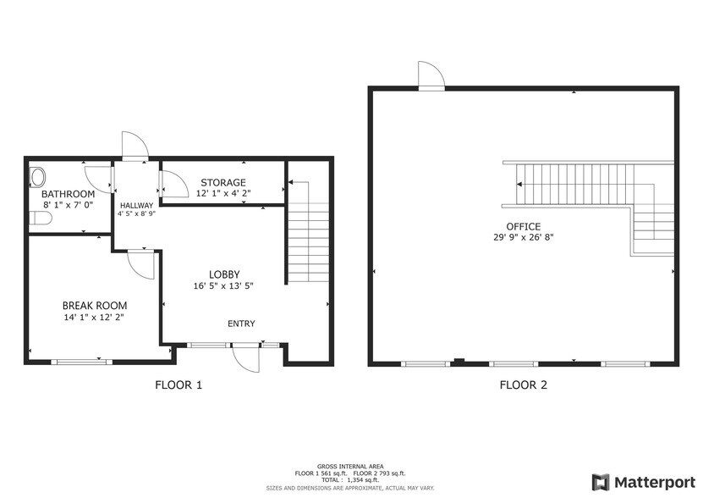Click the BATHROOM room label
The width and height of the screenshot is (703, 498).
click(69, 194)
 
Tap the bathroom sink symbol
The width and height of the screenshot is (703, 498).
click(37, 176)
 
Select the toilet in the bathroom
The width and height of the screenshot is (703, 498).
click(41, 219)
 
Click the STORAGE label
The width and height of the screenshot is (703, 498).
click(223, 182)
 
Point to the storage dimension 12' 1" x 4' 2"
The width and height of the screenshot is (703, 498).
click(223, 194)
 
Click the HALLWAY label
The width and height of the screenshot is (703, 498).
click(136, 206)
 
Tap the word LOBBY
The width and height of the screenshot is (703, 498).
click(224, 274)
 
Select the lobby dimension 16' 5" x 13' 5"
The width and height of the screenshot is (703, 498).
click(223, 286)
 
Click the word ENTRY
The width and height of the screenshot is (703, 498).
click(241, 324)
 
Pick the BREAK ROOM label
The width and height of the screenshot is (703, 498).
click(95, 306)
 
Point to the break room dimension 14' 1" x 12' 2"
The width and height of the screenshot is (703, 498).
click(94, 318)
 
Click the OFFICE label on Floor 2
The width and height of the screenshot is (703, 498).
click(523, 227)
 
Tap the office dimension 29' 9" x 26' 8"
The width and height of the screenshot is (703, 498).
click(523, 237)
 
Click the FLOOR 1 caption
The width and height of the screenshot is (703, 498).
click(178, 385)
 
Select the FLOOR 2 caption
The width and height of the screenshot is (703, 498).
click(523, 385)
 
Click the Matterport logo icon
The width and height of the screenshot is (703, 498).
click(601, 482)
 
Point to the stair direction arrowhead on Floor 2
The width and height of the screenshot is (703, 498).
click(519, 184)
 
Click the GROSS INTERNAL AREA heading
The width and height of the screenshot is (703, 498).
click(350, 467)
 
